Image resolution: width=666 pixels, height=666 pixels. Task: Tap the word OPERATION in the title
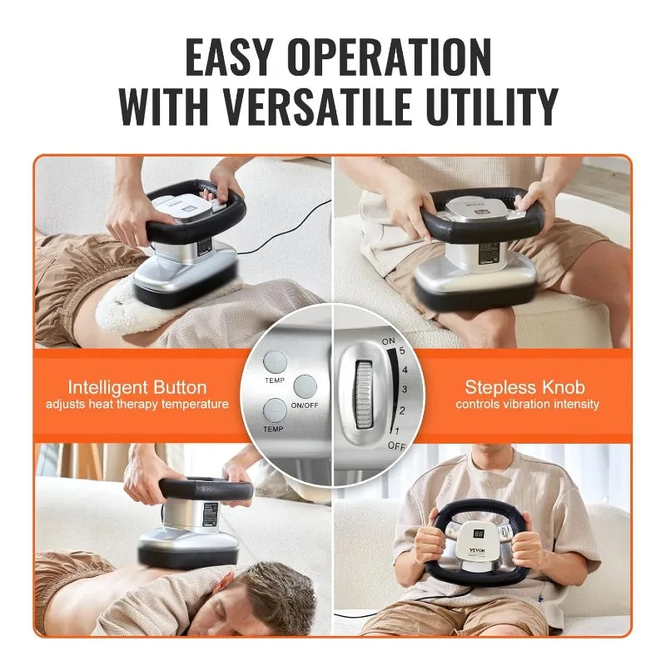[x=403, y=57]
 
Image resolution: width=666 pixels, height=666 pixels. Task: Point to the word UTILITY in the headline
[x=493, y=106]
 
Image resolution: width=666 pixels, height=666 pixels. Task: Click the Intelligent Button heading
[x=137, y=387]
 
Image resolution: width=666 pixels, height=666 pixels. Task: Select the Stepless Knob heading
[x=526, y=387]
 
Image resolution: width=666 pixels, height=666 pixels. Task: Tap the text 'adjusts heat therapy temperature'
[x=137, y=405]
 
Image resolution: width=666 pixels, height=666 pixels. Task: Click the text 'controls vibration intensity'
[x=526, y=405]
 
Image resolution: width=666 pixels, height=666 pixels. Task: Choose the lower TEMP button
[x=276, y=409]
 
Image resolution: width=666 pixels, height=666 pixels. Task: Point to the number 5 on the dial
[x=403, y=350]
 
